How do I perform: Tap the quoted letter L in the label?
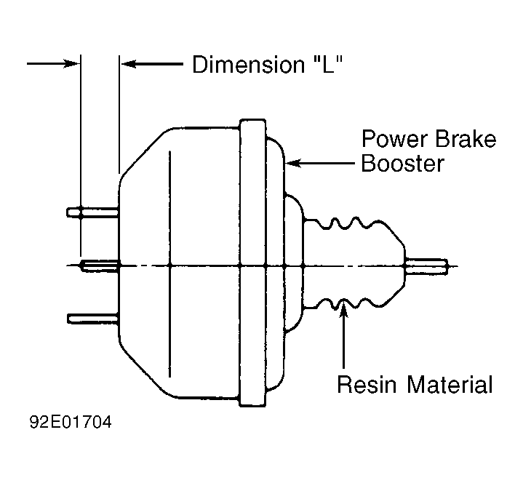tap(329, 64)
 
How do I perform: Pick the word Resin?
tap(367, 384)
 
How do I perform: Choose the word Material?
tap(450, 384)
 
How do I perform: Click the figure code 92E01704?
tap(71, 422)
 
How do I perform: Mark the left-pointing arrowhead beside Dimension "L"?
tap(128, 63)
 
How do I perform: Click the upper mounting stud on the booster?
tap(92, 212)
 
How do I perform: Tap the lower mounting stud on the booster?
tap(93, 319)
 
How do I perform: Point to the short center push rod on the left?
tap(100, 266)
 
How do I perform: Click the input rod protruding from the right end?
tap(426, 266)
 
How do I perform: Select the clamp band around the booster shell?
tap(253, 263)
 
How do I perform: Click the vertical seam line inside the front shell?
tap(170, 264)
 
